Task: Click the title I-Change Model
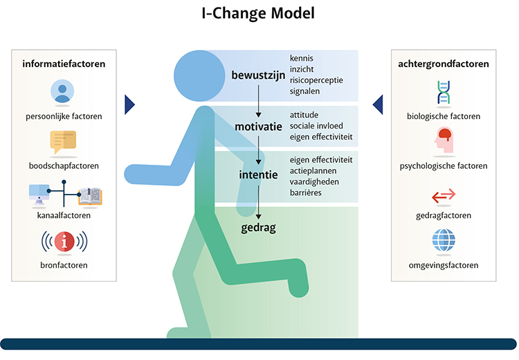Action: (x=259, y=13)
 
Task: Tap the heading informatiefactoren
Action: (x=64, y=64)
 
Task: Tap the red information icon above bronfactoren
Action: (x=64, y=242)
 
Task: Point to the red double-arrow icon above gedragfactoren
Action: (x=444, y=196)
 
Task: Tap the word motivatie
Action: (x=258, y=126)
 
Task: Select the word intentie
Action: (x=259, y=176)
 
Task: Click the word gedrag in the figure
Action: (x=259, y=226)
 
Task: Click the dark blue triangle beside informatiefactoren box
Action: (x=129, y=105)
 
